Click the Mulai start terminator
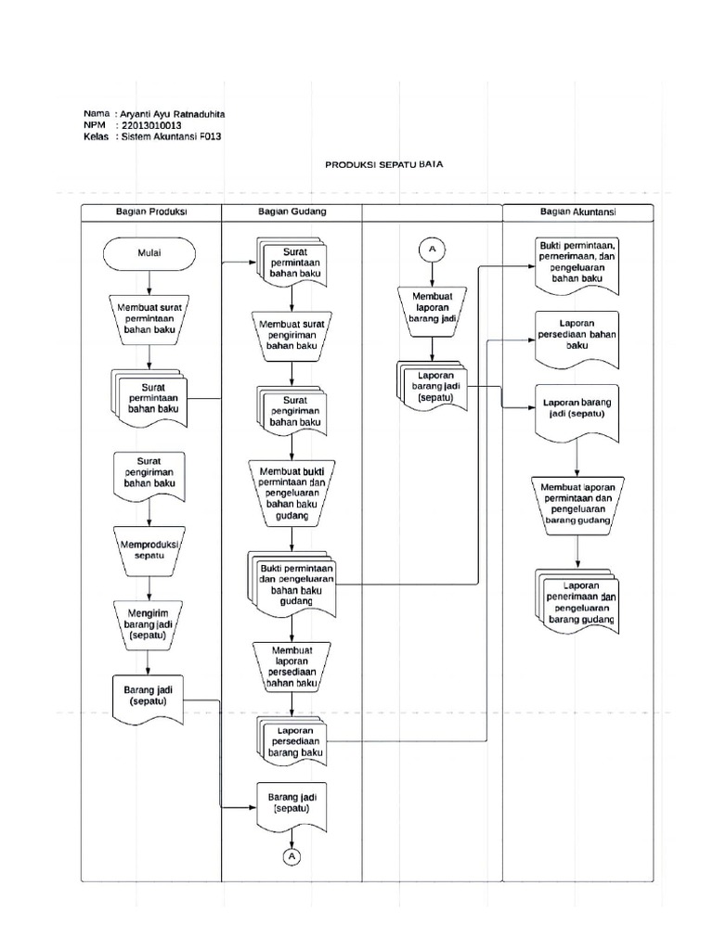click(149, 251)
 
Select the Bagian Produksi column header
click(152, 212)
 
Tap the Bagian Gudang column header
click(292, 212)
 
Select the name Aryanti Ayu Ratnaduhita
click(173, 114)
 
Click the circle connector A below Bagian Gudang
click(292, 855)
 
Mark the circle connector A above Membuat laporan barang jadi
click(433, 248)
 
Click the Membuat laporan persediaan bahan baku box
click(292, 665)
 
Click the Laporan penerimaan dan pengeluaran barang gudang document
click(577, 602)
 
